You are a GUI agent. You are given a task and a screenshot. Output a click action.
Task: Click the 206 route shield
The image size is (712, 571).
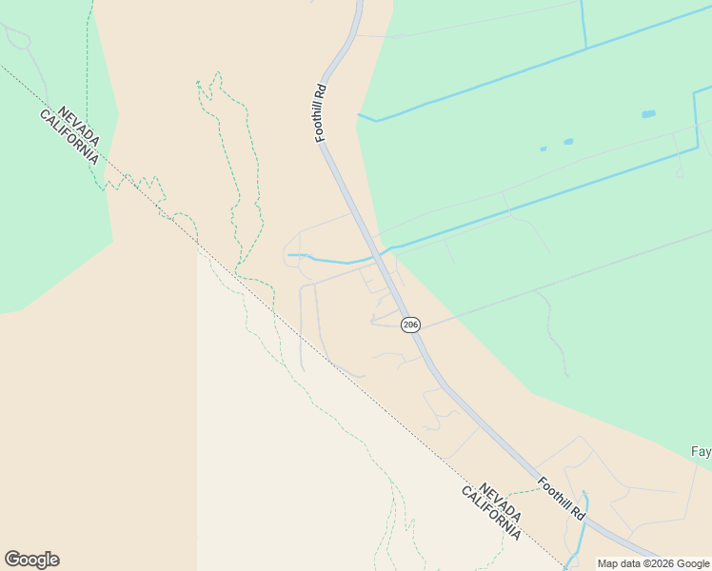[x=410, y=325]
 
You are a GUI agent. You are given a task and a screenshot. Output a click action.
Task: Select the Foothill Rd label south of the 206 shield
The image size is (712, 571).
[x=561, y=499]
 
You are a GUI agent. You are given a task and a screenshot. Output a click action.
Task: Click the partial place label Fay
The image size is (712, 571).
[x=701, y=451]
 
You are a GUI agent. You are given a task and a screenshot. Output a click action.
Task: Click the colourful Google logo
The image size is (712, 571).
[x=31, y=560]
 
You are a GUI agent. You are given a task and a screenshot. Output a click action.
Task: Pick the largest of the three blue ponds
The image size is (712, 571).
[x=648, y=114]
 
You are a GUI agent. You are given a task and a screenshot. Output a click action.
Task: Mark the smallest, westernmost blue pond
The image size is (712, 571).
[x=544, y=148]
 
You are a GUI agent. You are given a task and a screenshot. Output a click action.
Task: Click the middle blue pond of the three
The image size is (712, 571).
[x=568, y=142]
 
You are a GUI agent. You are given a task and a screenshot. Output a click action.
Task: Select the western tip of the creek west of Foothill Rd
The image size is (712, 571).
[x=289, y=255]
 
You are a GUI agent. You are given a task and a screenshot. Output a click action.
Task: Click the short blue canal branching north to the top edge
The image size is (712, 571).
[x=583, y=23]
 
